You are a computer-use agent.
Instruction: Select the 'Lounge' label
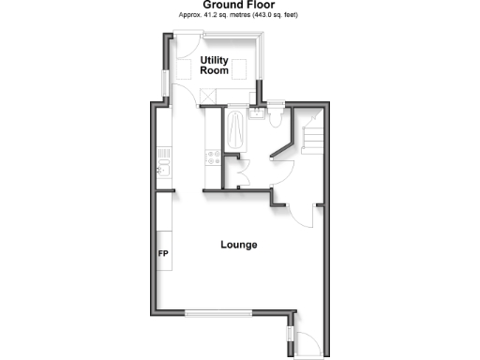click(x=238, y=245)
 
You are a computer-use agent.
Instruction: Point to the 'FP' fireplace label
click(x=162, y=253)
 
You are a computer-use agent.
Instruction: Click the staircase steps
click(x=311, y=141)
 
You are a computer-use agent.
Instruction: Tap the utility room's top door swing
click(x=187, y=47)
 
